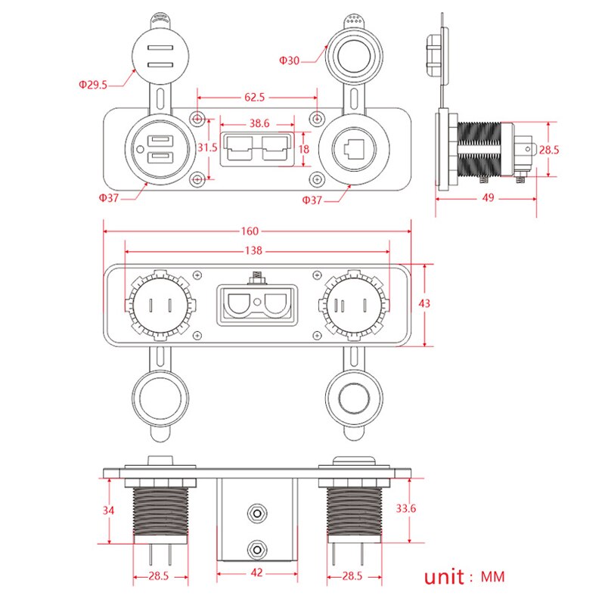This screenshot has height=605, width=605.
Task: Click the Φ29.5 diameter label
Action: tap(93, 85)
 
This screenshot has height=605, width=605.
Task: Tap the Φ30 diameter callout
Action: tap(290, 60)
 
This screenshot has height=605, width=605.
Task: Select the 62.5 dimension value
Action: tap(256, 97)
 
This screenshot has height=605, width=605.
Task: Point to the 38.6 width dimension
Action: tap(260, 123)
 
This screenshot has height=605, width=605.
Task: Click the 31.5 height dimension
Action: tap(207, 148)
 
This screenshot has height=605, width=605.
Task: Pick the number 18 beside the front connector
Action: tap(304, 149)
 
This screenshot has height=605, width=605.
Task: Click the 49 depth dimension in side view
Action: tap(487, 197)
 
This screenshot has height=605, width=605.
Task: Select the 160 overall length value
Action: tap(250, 231)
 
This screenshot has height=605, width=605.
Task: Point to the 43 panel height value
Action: tap(425, 303)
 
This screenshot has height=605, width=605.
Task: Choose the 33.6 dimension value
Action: tap(407, 508)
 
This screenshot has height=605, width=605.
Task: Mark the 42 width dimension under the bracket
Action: tap(258, 572)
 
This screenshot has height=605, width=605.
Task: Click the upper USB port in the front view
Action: tap(159, 141)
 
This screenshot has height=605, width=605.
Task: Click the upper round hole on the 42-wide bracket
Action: tap(258, 513)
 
